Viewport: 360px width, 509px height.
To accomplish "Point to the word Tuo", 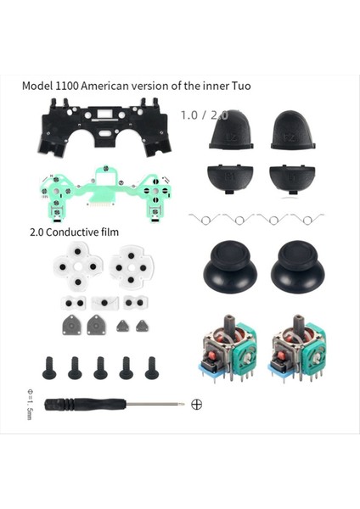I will [x=263, y=87].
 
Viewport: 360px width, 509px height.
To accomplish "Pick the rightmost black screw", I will [x=152, y=366].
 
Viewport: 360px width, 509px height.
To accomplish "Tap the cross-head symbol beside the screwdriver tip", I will [x=197, y=404].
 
